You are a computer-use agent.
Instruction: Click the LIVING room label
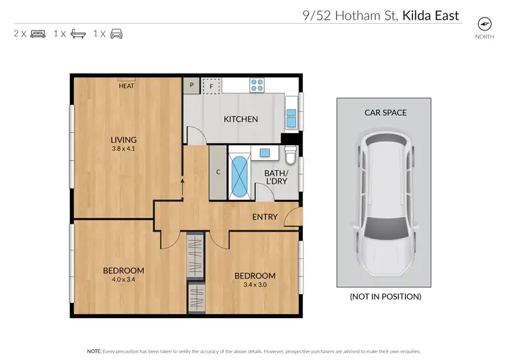point(124,140)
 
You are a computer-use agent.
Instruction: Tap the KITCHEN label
point(241,119)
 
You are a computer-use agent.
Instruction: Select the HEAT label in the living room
point(126,86)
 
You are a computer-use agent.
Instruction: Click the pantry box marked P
point(192,85)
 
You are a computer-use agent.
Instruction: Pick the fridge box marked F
point(211,85)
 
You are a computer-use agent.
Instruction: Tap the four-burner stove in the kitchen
point(257,85)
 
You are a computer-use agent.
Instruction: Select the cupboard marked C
point(218,172)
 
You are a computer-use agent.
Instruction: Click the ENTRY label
point(265,217)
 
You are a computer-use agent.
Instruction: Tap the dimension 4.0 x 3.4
point(123,280)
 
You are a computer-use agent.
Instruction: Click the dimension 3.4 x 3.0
point(255,285)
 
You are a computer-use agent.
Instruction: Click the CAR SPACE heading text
point(385,113)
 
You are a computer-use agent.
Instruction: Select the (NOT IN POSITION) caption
point(385,297)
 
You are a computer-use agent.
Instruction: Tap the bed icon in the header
point(38,33)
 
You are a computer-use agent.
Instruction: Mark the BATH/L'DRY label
point(277,178)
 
